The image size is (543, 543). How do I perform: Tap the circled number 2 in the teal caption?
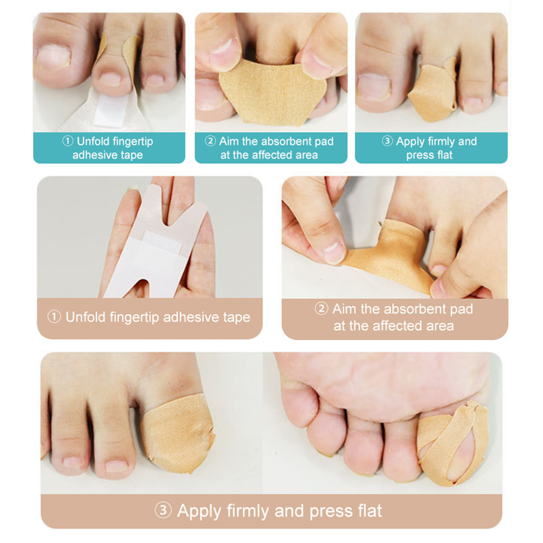click(x=210, y=141)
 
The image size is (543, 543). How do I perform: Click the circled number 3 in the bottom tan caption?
click(x=163, y=510)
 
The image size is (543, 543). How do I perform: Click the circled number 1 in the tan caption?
click(x=54, y=317)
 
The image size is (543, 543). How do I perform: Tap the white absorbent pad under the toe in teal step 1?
click(x=112, y=110)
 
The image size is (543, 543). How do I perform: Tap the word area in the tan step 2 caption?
click(x=440, y=326)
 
